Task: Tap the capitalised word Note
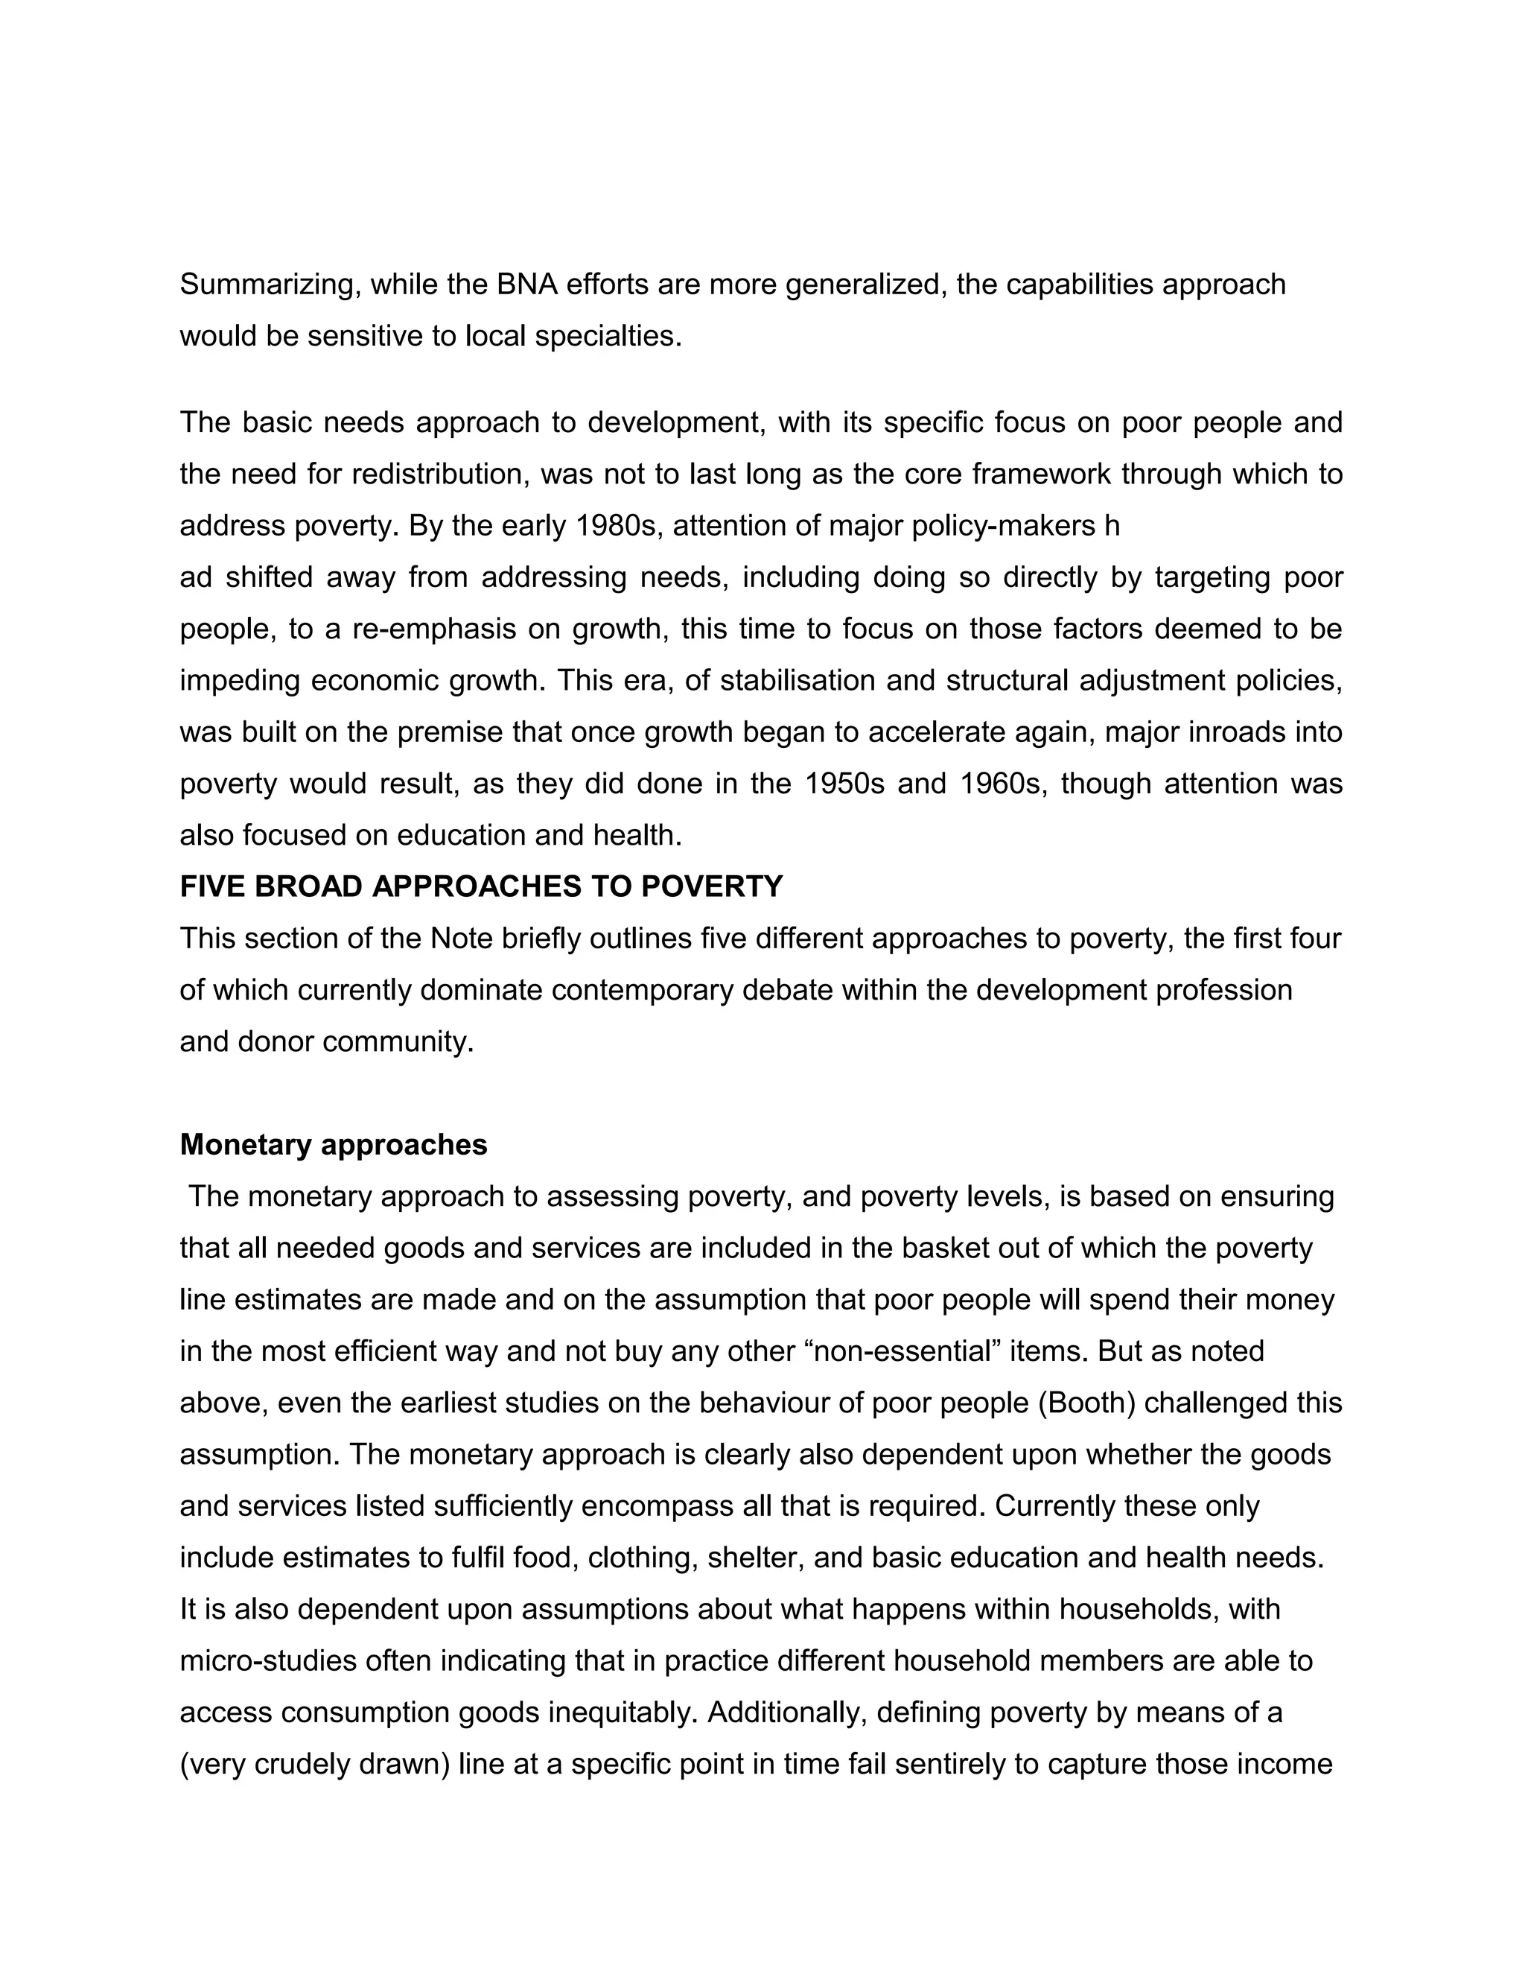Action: click(460, 938)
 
